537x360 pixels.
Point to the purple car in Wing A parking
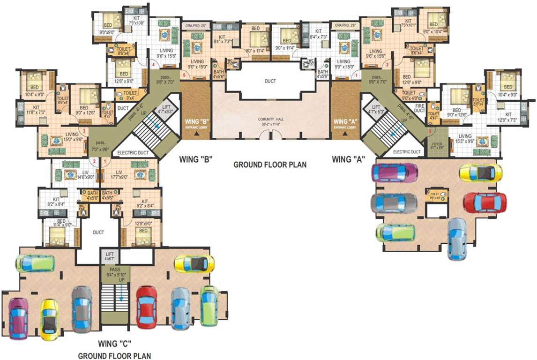[394, 172]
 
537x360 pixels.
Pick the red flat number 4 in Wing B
[153, 65]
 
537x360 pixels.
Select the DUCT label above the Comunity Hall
[270, 81]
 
